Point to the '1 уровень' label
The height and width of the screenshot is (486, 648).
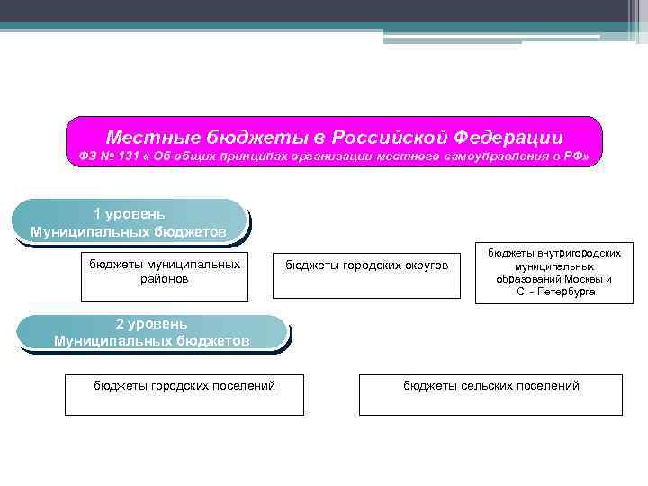click(129, 214)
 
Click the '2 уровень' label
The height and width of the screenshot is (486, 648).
click(151, 324)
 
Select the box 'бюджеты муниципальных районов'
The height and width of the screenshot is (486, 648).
click(165, 277)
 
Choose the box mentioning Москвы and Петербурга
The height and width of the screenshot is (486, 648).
click(554, 274)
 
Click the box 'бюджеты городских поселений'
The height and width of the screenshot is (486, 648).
click(184, 395)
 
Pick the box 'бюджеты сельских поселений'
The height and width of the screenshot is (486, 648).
click(490, 395)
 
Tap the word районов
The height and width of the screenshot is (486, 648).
click(165, 279)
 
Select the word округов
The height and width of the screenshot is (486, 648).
click(425, 265)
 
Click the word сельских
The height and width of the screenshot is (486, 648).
click(490, 386)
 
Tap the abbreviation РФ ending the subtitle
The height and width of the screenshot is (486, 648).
click(576, 158)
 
